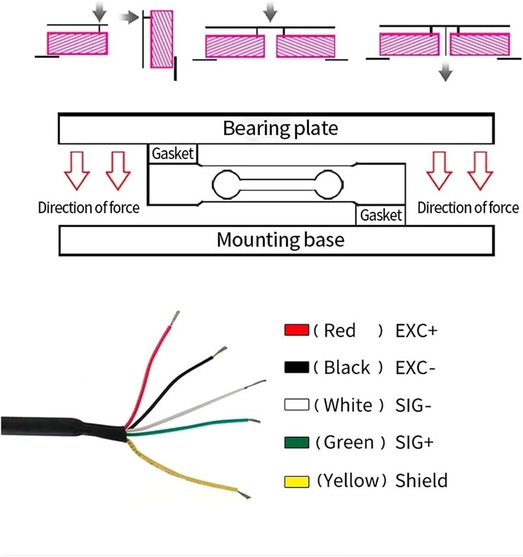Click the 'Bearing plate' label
tap(280, 129)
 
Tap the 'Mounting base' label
tap(280, 240)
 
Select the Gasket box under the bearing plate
tap(173, 154)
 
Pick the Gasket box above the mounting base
tap(380, 215)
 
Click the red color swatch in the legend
tap(297, 330)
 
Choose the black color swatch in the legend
tap(297, 367)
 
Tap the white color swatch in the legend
tap(297, 404)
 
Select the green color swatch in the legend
tap(297, 443)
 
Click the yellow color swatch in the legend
tap(297, 482)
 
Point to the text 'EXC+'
tap(416, 331)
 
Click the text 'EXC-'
tap(415, 368)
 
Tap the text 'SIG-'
tap(413, 405)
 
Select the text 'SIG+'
tap(414, 443)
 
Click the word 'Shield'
tap(422, 480)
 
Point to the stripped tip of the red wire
tap(175, 318)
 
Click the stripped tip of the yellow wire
tap(244, 494)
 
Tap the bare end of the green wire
tap(255, 421)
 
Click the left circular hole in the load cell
tap(226, 184)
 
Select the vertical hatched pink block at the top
tap(162, 39)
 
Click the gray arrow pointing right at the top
tap(128, 17)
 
